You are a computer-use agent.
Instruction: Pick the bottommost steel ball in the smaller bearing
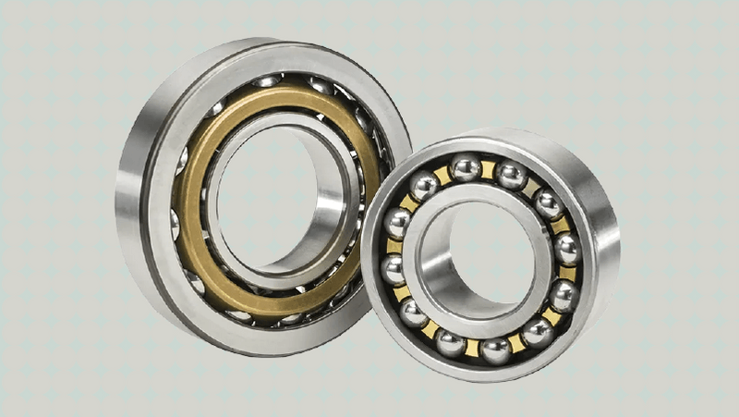496,349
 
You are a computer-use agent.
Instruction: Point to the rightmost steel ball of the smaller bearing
566,249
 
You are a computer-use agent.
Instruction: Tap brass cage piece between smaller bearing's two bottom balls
472,348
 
